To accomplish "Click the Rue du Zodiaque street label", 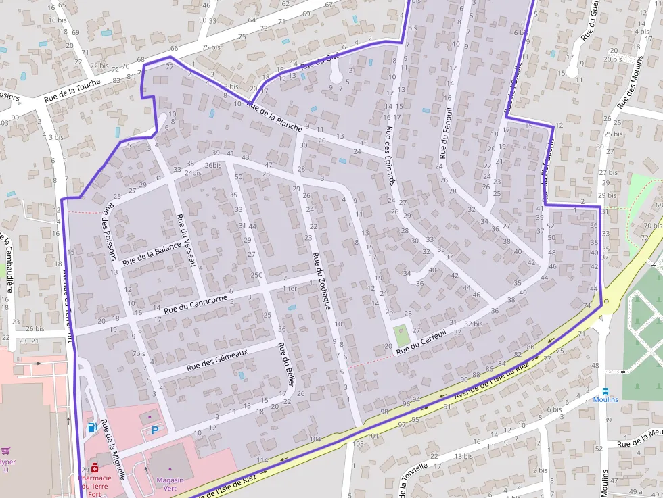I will coord(321,280).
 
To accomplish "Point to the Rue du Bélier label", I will coord(286,362).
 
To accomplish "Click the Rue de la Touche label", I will coord(72,91).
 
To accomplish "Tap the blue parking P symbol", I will coord(155,430).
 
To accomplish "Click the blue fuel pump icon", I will coord(92,426).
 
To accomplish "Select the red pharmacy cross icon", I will coord(95,467).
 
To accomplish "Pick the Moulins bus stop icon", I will coord(605,391).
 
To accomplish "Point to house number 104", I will coord(315,440).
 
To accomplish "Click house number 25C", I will coord(256,275).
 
